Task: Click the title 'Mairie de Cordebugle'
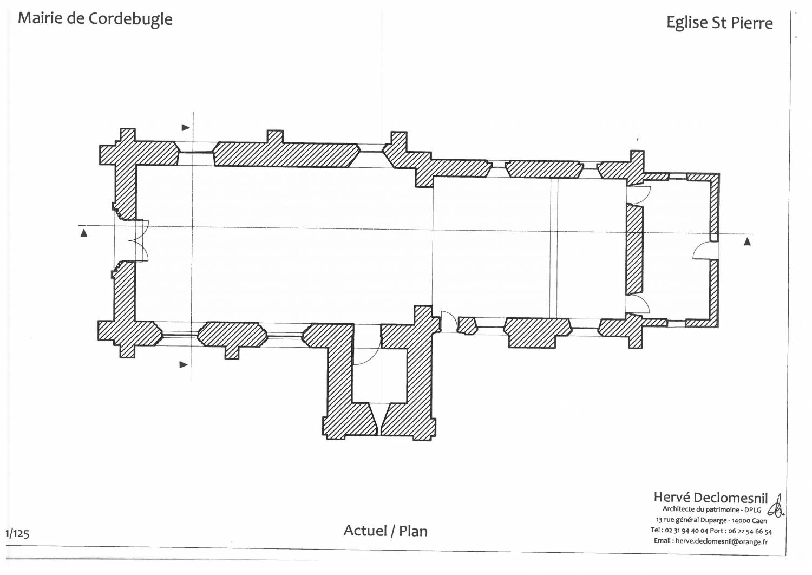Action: tap(95, 19)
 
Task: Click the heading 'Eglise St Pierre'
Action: tap(719, 23)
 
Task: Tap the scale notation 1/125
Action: tap(17, 533)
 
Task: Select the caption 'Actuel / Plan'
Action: tap(385, 531)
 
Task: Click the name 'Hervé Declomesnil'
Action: tap(710, 498)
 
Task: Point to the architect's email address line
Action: tap(710, 541)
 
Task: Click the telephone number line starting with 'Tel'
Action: tap(711, 531)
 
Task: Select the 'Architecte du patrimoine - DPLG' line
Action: tap(711, 509)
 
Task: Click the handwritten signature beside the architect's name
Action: tap(777, 505)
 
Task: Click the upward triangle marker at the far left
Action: tap(84, 233)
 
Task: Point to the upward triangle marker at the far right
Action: tap(747, 241)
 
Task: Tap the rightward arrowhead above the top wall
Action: tap(186, 128)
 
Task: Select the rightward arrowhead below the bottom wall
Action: tap(184, 365)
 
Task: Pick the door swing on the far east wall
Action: tap(705, 251)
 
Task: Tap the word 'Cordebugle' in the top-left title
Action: tap(130, 19)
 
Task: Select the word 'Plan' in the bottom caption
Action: tap(413, 531)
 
